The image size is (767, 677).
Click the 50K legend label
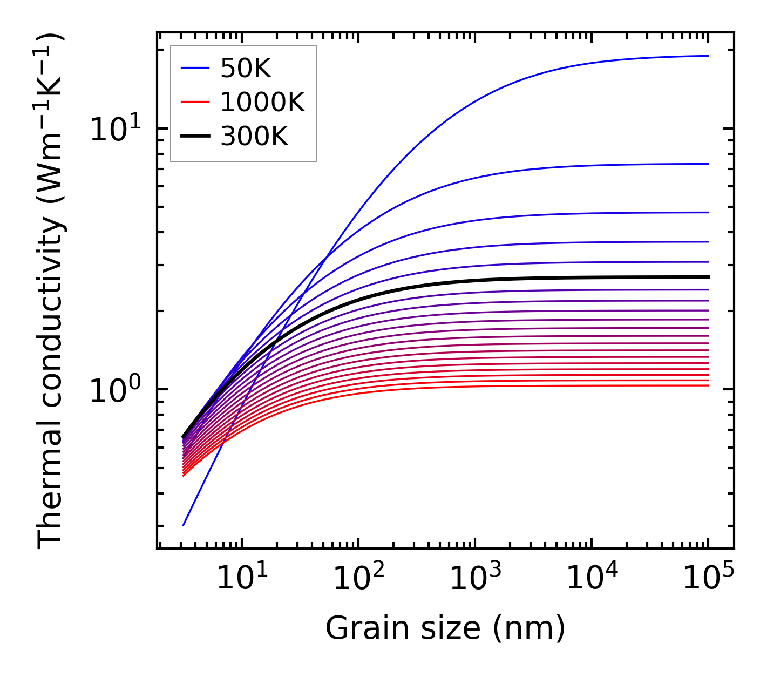246,68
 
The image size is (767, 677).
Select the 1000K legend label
262,102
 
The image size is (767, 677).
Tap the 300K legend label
254,137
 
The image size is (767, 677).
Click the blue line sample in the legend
194,68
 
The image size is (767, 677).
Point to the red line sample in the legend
194,102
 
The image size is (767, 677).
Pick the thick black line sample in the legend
194,137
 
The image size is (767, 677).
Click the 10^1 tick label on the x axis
241,578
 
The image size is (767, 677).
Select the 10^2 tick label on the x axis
358,578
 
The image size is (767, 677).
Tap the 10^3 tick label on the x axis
475,578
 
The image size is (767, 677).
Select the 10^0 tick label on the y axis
115,390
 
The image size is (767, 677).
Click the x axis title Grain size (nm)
445,628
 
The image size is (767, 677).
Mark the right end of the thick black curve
708,277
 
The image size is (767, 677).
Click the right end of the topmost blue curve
708,56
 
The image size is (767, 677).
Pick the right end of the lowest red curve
708,385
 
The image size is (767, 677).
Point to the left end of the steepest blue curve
184,525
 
